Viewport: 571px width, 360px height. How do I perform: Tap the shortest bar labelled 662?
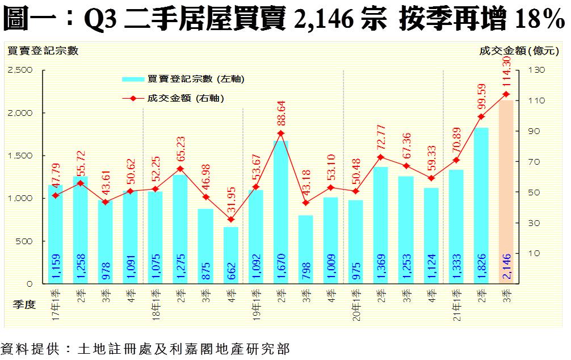click(x=230, y=255)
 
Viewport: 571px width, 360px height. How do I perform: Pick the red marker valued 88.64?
click(x=280, y=133)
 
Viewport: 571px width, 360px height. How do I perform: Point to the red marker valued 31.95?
click(x=230, y=220)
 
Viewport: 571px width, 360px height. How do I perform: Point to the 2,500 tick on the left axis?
click(x=20, y=70)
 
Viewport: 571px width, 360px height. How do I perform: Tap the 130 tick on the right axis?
click(x=537, y=70)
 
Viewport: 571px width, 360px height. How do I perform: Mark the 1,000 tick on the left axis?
click(x=20, y=198)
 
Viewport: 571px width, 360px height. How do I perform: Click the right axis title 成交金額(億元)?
click(x=519, y=51)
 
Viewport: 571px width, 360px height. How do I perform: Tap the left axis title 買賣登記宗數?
click(x=42, y=51)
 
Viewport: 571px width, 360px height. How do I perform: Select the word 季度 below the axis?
click(x=24, y=305)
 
